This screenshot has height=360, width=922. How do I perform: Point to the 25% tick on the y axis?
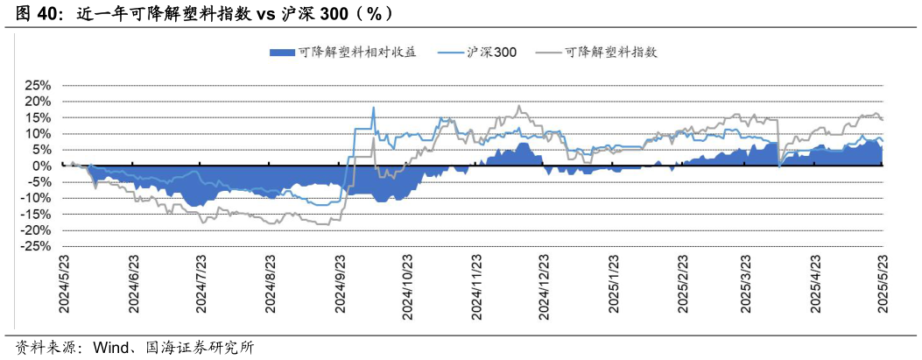coord(39,86)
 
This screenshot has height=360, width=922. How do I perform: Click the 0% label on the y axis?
coord(43,166)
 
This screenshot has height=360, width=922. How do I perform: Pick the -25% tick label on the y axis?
coord(37,246)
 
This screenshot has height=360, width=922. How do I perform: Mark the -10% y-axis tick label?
coord(37,198)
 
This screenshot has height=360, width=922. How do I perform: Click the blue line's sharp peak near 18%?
coord(374,108)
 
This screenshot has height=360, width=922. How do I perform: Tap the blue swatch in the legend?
coord(283,53)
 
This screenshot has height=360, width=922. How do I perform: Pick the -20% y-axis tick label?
coord(37,230)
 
